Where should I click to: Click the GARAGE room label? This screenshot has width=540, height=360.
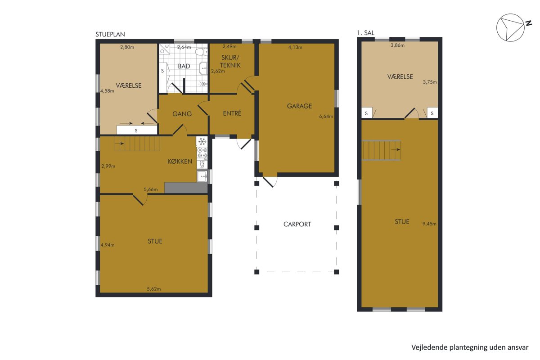(x=299, y=106)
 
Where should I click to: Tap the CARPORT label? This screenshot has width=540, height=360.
(x=297, y=224)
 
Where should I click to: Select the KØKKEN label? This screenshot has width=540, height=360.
(x=180, y=161)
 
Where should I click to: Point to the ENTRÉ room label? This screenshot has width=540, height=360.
(x=232, y=113)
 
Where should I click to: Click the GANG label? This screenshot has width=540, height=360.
(x=182, y=114)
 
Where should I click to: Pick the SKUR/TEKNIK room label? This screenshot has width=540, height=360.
(x=230, y=62)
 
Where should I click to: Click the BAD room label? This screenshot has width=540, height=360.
(x=184, y=66)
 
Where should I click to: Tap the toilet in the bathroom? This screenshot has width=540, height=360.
(x=201, y=52)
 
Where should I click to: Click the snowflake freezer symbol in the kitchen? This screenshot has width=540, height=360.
(x=202, y=142)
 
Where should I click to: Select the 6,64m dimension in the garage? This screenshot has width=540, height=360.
(x=326, y=117)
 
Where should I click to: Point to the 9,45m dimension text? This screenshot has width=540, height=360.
(x=429, y=224)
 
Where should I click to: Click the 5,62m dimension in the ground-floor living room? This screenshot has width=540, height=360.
(x=154, y=289)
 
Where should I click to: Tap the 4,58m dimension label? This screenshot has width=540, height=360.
(x=107, y=91)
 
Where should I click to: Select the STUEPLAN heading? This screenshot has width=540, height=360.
(x=110, y=34)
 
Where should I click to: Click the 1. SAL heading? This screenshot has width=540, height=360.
(x=366, y=33)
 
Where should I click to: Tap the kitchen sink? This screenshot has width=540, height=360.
(x=202, y=176)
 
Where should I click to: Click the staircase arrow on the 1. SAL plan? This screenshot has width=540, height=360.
(x=396, y=150)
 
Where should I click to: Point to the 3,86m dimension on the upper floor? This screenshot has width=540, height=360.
(x=397, y=45)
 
